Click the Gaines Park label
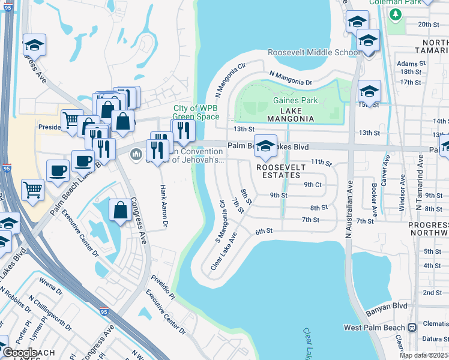[295, 101]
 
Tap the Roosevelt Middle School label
[313, 53]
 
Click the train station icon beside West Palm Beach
[412, 328]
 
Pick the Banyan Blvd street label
[386, 306]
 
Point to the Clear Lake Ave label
[224, 251]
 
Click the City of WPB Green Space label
[195, 112]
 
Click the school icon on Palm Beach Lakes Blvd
[265, 145]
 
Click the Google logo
[20, 353]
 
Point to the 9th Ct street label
[313, 184]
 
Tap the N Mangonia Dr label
[291, 77]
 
